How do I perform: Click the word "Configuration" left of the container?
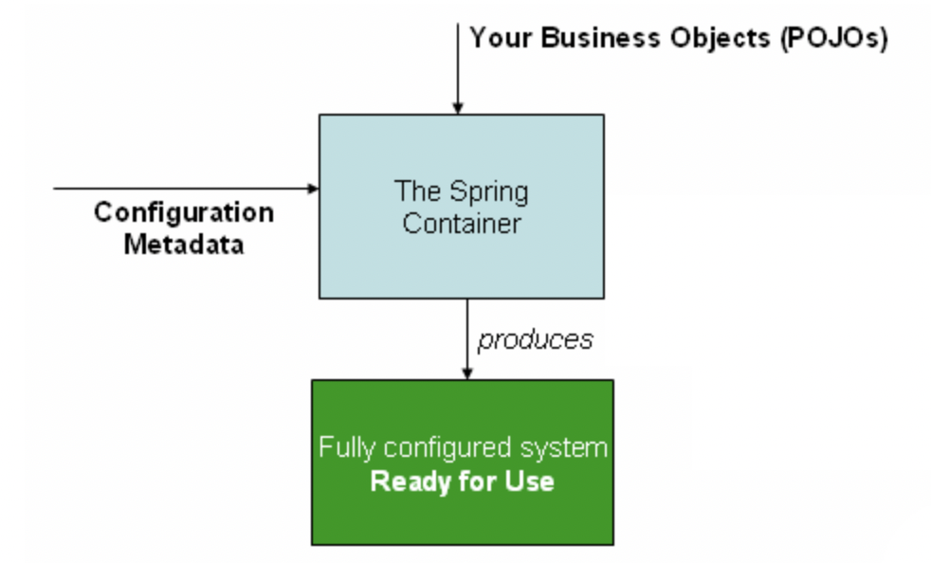coord(183,211)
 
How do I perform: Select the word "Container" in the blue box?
coord(462,224)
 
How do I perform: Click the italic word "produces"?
coord(535,339)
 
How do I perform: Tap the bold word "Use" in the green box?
coord(531,481)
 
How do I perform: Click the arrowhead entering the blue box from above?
coord(457,108)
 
